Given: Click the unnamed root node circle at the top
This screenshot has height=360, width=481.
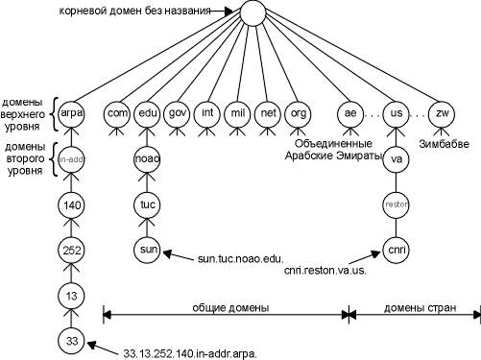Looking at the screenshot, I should (252, 13).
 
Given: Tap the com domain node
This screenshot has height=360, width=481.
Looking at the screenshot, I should (117, 113).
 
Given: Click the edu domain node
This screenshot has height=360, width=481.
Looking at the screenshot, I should (147, 113).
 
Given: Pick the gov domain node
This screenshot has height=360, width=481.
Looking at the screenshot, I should (178, 113).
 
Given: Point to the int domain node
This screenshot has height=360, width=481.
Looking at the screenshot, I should (207, 113).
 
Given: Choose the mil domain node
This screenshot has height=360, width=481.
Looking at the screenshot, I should (238, 113).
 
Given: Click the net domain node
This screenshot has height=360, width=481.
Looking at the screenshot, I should (269, 113).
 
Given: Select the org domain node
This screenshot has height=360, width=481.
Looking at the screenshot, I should (300, 113).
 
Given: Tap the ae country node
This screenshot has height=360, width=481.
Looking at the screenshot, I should (350, 113).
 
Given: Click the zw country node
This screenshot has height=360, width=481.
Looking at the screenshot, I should (442, 113).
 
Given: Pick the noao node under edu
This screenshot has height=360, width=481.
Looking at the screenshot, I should (147, 158).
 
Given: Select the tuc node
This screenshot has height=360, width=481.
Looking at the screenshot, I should (147, 204).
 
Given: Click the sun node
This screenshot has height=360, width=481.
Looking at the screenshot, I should (147, 250).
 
